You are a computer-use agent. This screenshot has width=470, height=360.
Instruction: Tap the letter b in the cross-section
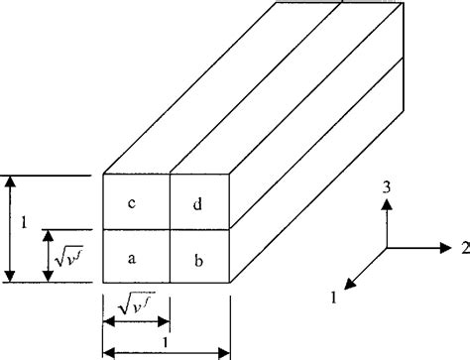(x=199, y=260)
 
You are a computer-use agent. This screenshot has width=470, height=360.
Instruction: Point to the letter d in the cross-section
(x=199, y=204)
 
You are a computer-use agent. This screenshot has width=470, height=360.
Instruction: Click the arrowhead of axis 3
(x=388, y=202)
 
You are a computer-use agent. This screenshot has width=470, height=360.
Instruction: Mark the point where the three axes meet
(x=388, y=246)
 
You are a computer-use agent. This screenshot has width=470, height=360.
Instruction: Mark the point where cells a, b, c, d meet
(x=170, y=229)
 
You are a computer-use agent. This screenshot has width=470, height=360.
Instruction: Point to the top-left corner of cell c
(x=104, y=176)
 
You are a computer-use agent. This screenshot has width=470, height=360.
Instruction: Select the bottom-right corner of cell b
(x=231, y=283)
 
